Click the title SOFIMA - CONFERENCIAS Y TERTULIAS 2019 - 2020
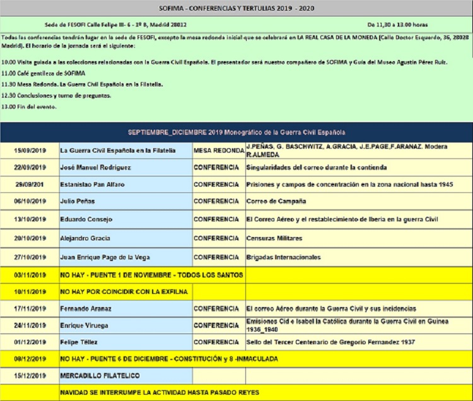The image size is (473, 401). [236, 8]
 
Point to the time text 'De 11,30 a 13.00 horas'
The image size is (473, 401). [397, 25]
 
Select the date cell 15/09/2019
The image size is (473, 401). [30, 151]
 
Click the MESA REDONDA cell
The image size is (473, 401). [218, 151]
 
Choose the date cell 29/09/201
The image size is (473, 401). [30, 184]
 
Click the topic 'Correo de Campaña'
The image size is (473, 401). [276, 202]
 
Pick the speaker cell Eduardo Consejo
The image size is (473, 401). [86, 219]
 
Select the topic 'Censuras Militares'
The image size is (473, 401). [274, 238]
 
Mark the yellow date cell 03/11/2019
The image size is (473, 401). [30, 275]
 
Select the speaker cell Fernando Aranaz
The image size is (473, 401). [86, 309]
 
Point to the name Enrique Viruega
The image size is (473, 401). [85, 325]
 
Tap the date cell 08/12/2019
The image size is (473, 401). [30, 359]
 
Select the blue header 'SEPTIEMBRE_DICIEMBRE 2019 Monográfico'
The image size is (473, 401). [236, 132]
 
